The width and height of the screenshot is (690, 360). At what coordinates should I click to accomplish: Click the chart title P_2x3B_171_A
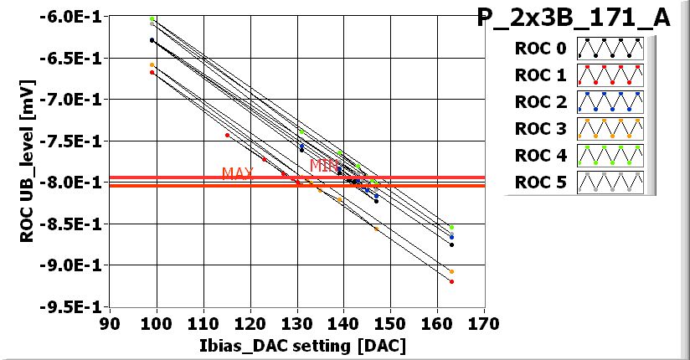point(574,18)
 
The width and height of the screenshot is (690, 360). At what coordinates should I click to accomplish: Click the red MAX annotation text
point(237,173)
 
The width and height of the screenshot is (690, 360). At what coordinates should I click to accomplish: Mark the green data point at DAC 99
point(152,18)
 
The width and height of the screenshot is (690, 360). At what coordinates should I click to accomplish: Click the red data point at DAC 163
point(451,281)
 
